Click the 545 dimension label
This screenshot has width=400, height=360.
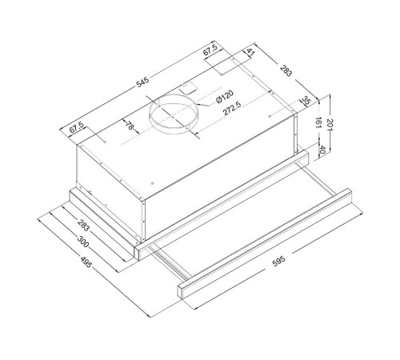[142, 82]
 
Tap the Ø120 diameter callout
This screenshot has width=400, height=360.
[225, 97]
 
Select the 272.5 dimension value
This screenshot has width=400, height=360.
[232, 108]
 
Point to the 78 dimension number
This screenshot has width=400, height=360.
[130, 125]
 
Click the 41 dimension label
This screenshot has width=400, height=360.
[250, 52]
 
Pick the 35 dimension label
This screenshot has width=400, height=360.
[306, 101]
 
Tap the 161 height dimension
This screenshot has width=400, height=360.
[318, 122]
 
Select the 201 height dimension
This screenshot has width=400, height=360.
[330, 125]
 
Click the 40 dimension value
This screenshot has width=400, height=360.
[322, 150]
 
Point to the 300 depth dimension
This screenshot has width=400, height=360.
[83, 241]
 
